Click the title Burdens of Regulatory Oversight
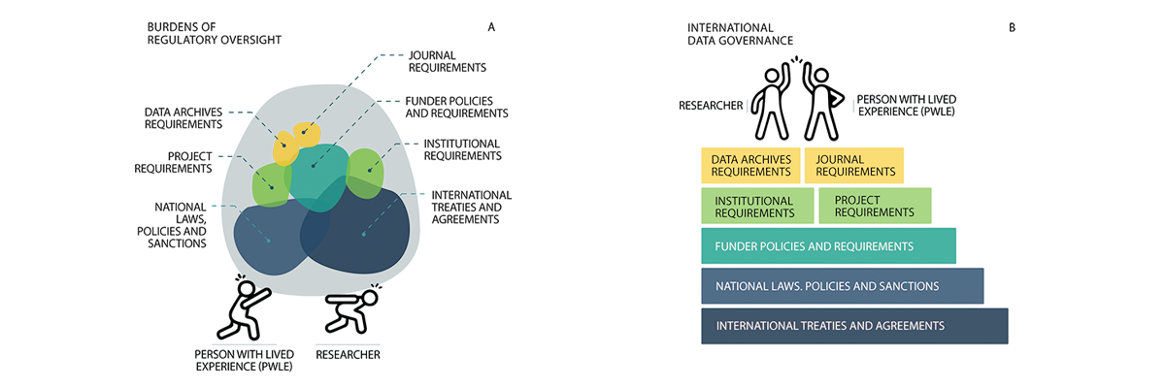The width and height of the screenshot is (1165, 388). [214, 33]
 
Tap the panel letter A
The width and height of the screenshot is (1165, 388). [491, 27]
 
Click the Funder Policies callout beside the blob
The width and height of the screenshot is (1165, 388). [455, 107]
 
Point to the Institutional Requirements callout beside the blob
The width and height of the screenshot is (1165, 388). [462, 149]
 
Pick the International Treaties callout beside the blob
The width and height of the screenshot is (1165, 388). [471, 207]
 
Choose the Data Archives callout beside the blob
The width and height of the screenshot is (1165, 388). [183, 117]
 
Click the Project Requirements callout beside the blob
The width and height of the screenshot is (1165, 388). [189, 161]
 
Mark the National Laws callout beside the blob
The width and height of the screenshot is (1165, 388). [181, 225]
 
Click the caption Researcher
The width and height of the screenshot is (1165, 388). [348, 355]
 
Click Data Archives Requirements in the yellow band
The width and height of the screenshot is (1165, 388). [751, 165]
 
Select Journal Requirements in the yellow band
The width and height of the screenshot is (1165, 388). [855, 165]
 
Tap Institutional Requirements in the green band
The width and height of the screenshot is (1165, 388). [754, 207]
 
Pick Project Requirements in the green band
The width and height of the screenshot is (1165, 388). [874, 207]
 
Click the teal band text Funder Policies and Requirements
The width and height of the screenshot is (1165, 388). [814, 246]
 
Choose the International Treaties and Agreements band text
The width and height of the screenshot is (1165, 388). [830, 326]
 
